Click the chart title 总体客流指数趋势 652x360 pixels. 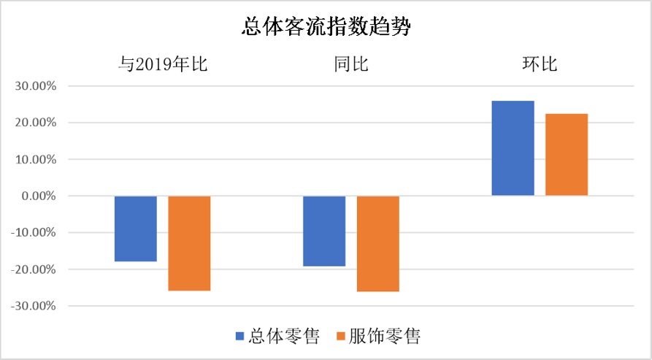point(326,28)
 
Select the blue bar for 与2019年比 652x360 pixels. point(136,229)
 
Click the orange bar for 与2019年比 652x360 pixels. point(189,243)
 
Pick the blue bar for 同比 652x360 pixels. point(324,231)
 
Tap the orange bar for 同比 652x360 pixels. point(378,244)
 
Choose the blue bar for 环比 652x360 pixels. point(513,148)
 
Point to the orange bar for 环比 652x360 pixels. point(567,155)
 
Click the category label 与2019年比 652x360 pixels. point(163,64)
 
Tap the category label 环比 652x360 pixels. point(540,64)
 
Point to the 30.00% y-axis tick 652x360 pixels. point(35,86)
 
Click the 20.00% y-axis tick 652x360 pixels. point(35,123)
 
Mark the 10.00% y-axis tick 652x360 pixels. point(35,159)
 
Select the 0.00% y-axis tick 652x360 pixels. point(38,196)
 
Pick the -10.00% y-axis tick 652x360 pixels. point(34,233)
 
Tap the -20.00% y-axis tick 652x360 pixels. point(34,269)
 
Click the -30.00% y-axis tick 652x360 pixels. point(34,306)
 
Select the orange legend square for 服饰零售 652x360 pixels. point(340,337)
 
